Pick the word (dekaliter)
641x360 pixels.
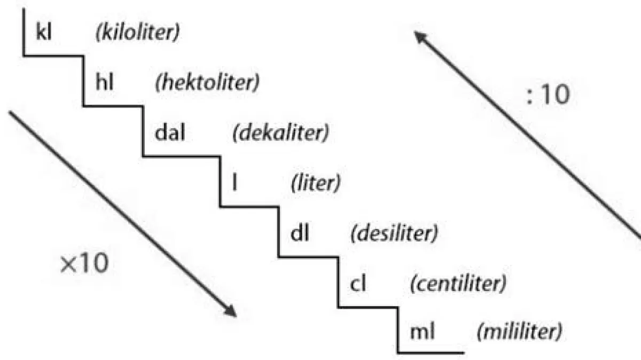[x=280, y=132]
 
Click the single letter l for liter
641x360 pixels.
[x=234, y=183]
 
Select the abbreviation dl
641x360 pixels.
[x=300, y=233]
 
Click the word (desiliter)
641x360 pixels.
[x=393, y=233]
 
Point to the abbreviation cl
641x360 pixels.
[x=358, y=284]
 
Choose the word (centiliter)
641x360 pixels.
[x=457, y=284]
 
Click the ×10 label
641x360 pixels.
[x=83, y=264]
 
